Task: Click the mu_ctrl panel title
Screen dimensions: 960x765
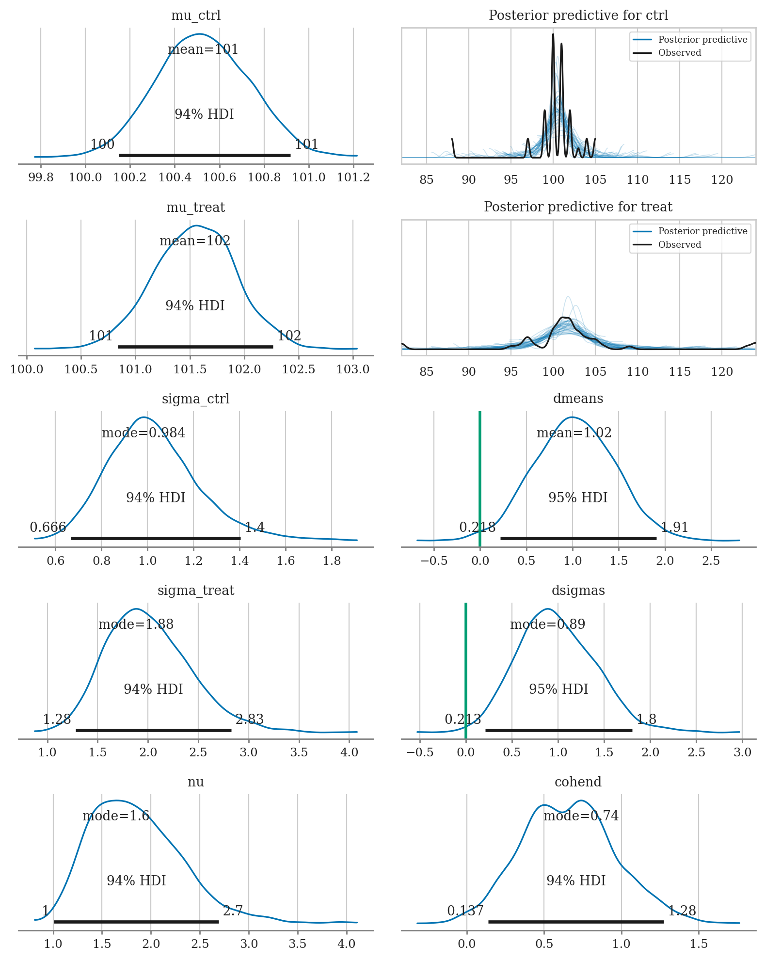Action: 195,16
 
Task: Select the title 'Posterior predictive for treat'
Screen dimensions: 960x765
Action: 578,207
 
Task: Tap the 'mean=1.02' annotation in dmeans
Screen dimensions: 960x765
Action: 574,432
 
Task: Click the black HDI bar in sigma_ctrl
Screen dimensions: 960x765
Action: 156,538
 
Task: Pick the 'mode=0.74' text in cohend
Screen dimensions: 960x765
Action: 581,816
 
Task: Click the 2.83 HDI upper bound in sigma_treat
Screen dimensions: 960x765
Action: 250,719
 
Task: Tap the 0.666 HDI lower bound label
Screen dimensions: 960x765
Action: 48,527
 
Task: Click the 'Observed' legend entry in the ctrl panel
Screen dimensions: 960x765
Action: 679,53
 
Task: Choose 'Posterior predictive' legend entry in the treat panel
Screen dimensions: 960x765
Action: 702,231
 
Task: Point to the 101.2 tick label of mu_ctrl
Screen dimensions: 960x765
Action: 353,177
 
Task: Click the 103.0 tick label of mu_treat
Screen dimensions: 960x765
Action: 352,369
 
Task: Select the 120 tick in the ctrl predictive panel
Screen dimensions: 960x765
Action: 721,180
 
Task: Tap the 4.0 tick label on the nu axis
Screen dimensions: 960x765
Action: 346,944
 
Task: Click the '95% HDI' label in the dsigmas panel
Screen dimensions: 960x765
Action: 558,689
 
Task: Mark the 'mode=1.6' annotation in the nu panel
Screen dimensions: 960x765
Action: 116,816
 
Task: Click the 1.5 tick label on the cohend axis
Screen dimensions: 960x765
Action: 698,944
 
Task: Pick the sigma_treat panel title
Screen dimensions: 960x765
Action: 195,591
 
